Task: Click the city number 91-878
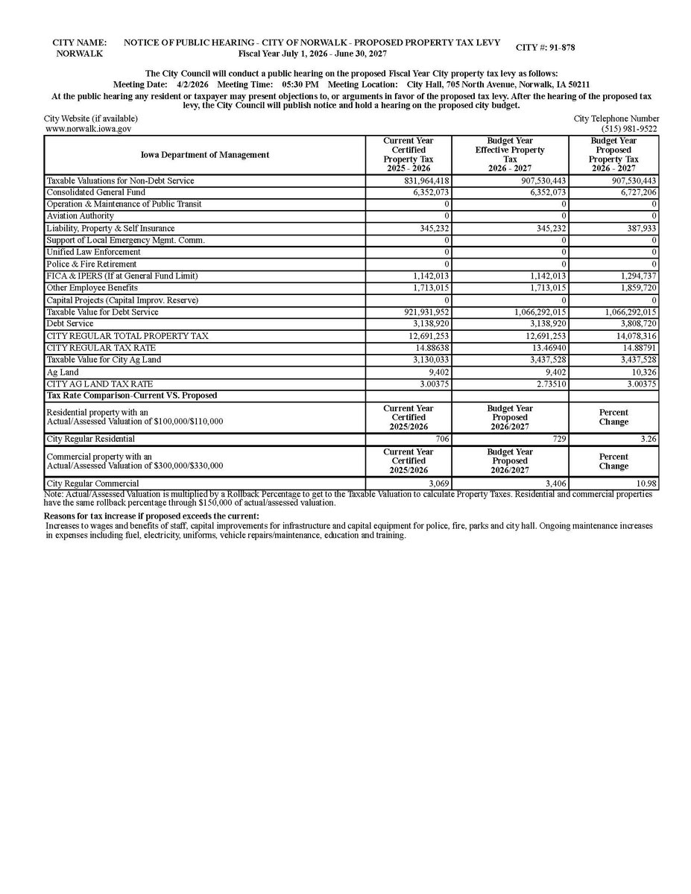pyautogui.click(x=558, y=48)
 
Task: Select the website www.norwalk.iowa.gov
pyautogui.click(x=89, y=129)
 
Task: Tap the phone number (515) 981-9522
pyautogui.click(x=630, y=129)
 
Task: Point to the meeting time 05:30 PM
pyautogui.click(x=300, y=85)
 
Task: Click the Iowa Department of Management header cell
pyautogui.click(x=205, y=155)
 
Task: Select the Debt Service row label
pyautogui.click(x=70, y=324)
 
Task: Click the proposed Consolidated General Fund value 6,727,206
pyautogui.click(x=633, y=193)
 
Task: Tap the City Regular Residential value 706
pyautogui.click(x=439, y=440)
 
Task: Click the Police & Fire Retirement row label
pyautogui.click(x=92, y=264)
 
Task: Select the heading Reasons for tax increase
pyautogui.click(x=151, y=516)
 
